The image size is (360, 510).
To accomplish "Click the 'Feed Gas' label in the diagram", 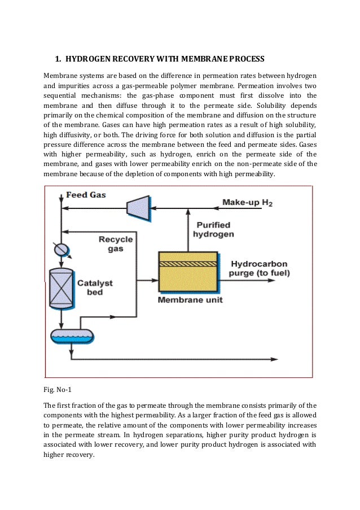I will (86, 195).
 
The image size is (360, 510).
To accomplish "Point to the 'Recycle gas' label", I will (115, 243).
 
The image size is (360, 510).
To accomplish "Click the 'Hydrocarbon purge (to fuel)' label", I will (259, 269).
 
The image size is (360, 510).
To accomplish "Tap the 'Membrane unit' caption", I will (190, 300).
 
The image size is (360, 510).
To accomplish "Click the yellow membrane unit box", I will (188, 277).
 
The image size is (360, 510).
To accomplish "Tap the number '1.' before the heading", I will (58, 59).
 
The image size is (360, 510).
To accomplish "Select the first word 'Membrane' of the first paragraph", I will (60, 76).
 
